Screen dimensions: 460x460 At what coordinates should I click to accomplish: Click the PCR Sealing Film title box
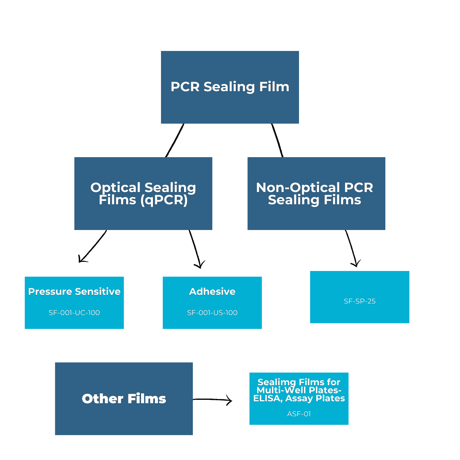[x=230, y=87]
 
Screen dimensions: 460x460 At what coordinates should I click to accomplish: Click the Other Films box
[x=124, y=399]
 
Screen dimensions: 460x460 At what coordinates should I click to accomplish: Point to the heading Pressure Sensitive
[x=74, y=292]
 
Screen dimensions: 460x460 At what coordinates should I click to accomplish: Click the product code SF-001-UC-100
[x=74, y=313]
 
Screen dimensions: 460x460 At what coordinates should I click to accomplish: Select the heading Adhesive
[x=212, y=292]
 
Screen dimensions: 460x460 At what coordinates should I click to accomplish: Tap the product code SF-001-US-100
[x=212, y=313]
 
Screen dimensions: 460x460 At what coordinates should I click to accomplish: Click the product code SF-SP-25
[x=360, y=301]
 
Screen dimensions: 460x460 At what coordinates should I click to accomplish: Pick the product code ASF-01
[x=299, y=414]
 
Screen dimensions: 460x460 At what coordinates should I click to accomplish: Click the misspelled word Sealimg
[x=272, y=382]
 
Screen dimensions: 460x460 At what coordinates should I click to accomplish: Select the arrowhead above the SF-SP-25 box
[x=356, y=264]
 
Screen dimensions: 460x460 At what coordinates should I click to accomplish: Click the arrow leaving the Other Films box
[x=213, y=400]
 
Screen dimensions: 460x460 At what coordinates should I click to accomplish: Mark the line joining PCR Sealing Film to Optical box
[x=175, y=140]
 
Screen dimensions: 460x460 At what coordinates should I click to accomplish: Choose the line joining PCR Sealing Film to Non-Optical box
[x=277, y=140]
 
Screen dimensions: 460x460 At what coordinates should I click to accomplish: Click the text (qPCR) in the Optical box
[x=164, y=200]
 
